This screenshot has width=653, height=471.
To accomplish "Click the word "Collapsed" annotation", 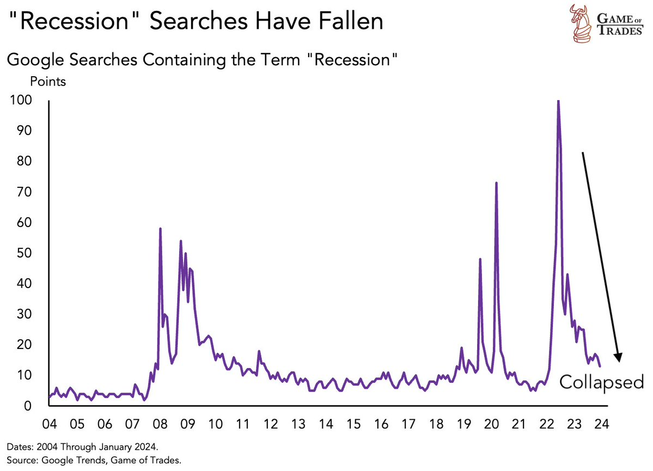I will tap(602, 382).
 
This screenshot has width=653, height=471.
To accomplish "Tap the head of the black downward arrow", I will tap(618, 357).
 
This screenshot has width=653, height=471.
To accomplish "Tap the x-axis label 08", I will tap(160, 425).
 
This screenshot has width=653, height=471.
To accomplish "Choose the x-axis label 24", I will tap(602, 425).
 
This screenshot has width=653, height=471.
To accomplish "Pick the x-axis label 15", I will tap(353, 425).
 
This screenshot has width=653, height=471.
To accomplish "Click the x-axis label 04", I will tap(50, 425).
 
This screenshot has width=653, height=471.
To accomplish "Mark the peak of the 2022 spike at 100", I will tap(558, 101).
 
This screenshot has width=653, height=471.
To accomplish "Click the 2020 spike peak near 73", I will tap(496, 183).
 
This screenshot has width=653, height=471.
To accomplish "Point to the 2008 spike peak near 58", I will tap(160, 229).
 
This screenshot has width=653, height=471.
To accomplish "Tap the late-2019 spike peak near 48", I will tap(480, 259).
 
